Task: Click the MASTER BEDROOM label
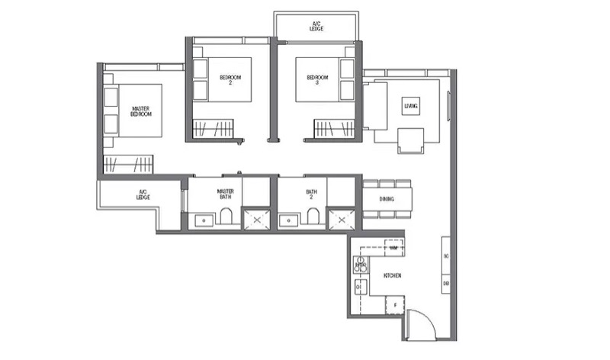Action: (140, 111)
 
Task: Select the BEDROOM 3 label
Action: (317, 79)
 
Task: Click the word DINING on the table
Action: (387, 198)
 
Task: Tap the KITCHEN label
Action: (393, 275)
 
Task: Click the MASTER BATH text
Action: (225, 195)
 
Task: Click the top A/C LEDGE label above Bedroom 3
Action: (316, 26)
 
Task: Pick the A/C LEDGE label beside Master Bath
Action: (143, 195)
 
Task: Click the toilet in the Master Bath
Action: (226, 219)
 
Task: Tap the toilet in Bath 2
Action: (313, 219)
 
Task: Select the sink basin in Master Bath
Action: (204, 221)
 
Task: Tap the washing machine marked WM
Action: (393, 248)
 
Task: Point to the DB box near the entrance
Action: (446, 284)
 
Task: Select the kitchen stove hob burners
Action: (360, 265)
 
